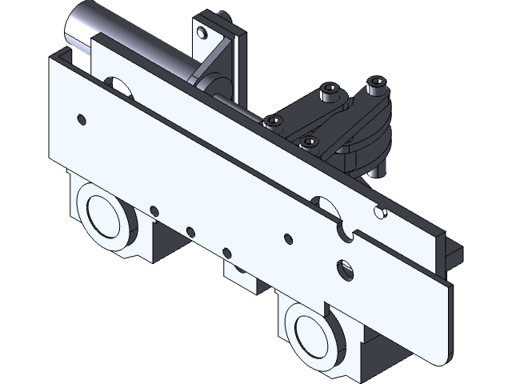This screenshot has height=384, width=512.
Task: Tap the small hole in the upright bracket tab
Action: (202, 33)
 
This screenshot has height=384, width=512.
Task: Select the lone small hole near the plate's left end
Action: (81, 119)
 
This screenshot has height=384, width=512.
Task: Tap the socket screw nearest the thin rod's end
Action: (273, 122)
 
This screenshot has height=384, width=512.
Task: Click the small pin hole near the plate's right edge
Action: (380, 213)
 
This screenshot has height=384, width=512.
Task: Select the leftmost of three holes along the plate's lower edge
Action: (152, 211)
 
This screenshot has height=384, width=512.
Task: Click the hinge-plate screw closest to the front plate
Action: (309, 142)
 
